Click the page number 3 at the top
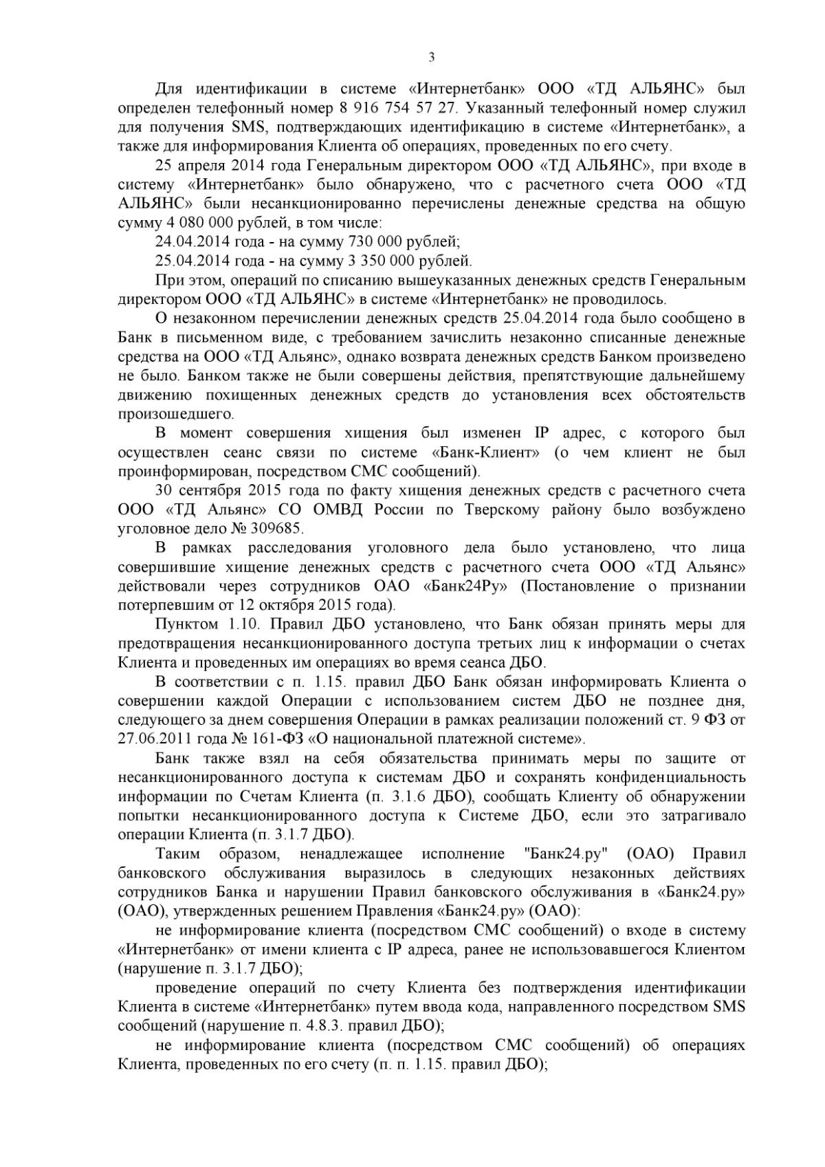[431, 58]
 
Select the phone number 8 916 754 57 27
[397, 108]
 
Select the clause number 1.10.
[243, 624]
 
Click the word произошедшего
[175, 415]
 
